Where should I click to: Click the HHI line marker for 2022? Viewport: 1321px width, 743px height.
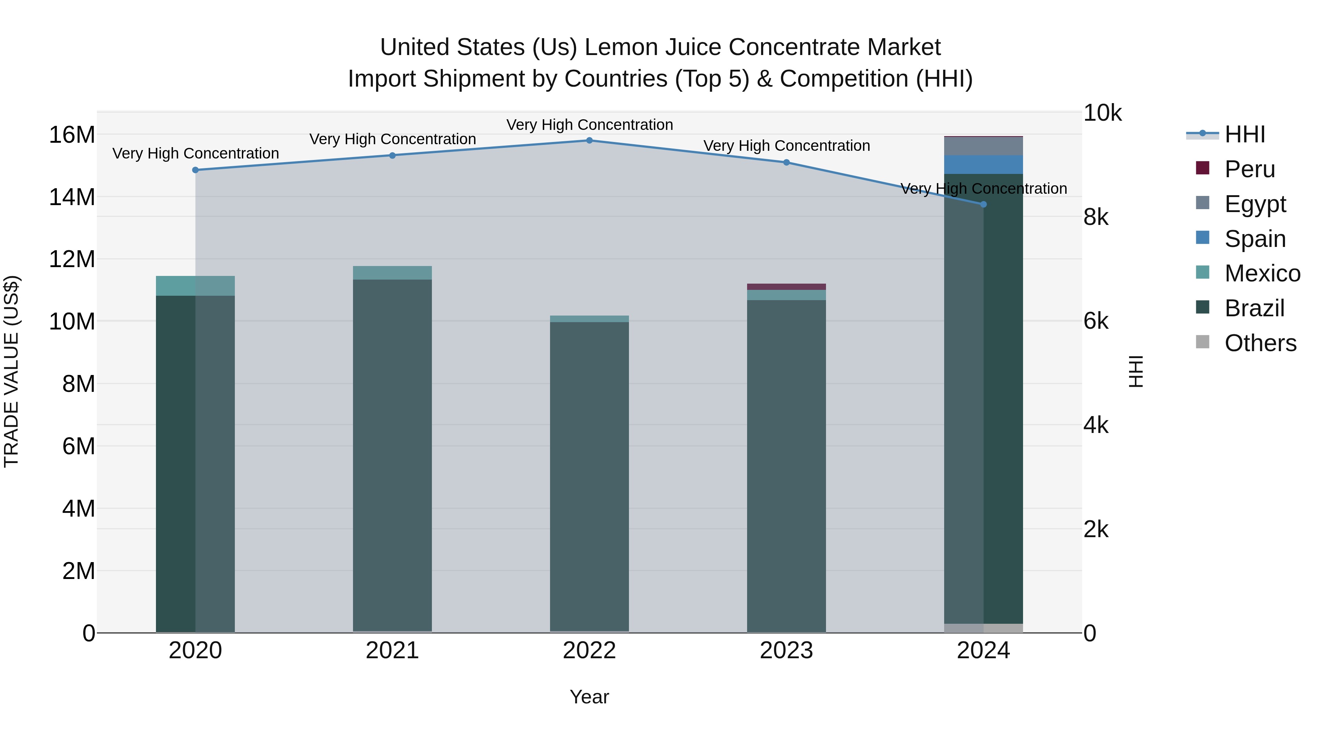[589, 141]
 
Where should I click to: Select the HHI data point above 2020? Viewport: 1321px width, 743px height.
[195, 170]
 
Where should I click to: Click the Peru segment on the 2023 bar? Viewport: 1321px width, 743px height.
[786, 287]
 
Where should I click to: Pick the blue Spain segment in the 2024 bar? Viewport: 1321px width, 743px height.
[983, 165]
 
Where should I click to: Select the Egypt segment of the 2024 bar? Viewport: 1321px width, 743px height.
[983, 146]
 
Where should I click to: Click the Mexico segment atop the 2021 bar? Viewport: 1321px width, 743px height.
[392, 273]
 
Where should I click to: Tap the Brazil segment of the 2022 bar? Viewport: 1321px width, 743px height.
[589, 477]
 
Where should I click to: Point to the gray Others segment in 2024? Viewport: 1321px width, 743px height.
[983, 628]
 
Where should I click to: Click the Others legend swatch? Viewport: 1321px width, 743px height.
[1202, 342]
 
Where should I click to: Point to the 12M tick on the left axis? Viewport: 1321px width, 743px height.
[72, 259]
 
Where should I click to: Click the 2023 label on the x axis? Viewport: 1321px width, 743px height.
[786, 651]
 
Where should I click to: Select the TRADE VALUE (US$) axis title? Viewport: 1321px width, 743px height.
[11, 372]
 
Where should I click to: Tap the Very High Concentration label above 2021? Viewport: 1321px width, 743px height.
[392, 139]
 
